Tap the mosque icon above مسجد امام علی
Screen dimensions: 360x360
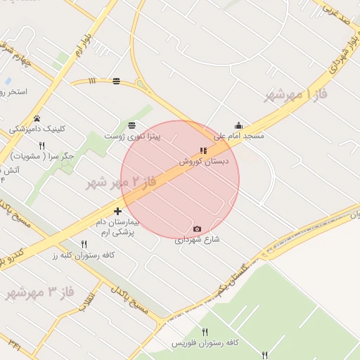click(x=238, y=126)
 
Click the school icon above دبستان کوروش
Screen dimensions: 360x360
click(x=203, y=150)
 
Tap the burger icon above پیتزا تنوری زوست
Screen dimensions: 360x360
click(x=132, y=124)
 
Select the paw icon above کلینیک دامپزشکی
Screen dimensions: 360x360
click(x=37, y=118)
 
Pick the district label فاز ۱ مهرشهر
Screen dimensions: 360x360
click(x=298, y=94)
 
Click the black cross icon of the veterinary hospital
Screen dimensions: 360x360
click(x=117, y=211)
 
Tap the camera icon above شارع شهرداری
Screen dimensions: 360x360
click(x=196, y=229)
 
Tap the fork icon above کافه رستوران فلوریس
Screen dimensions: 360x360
click(x=205, y=332)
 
